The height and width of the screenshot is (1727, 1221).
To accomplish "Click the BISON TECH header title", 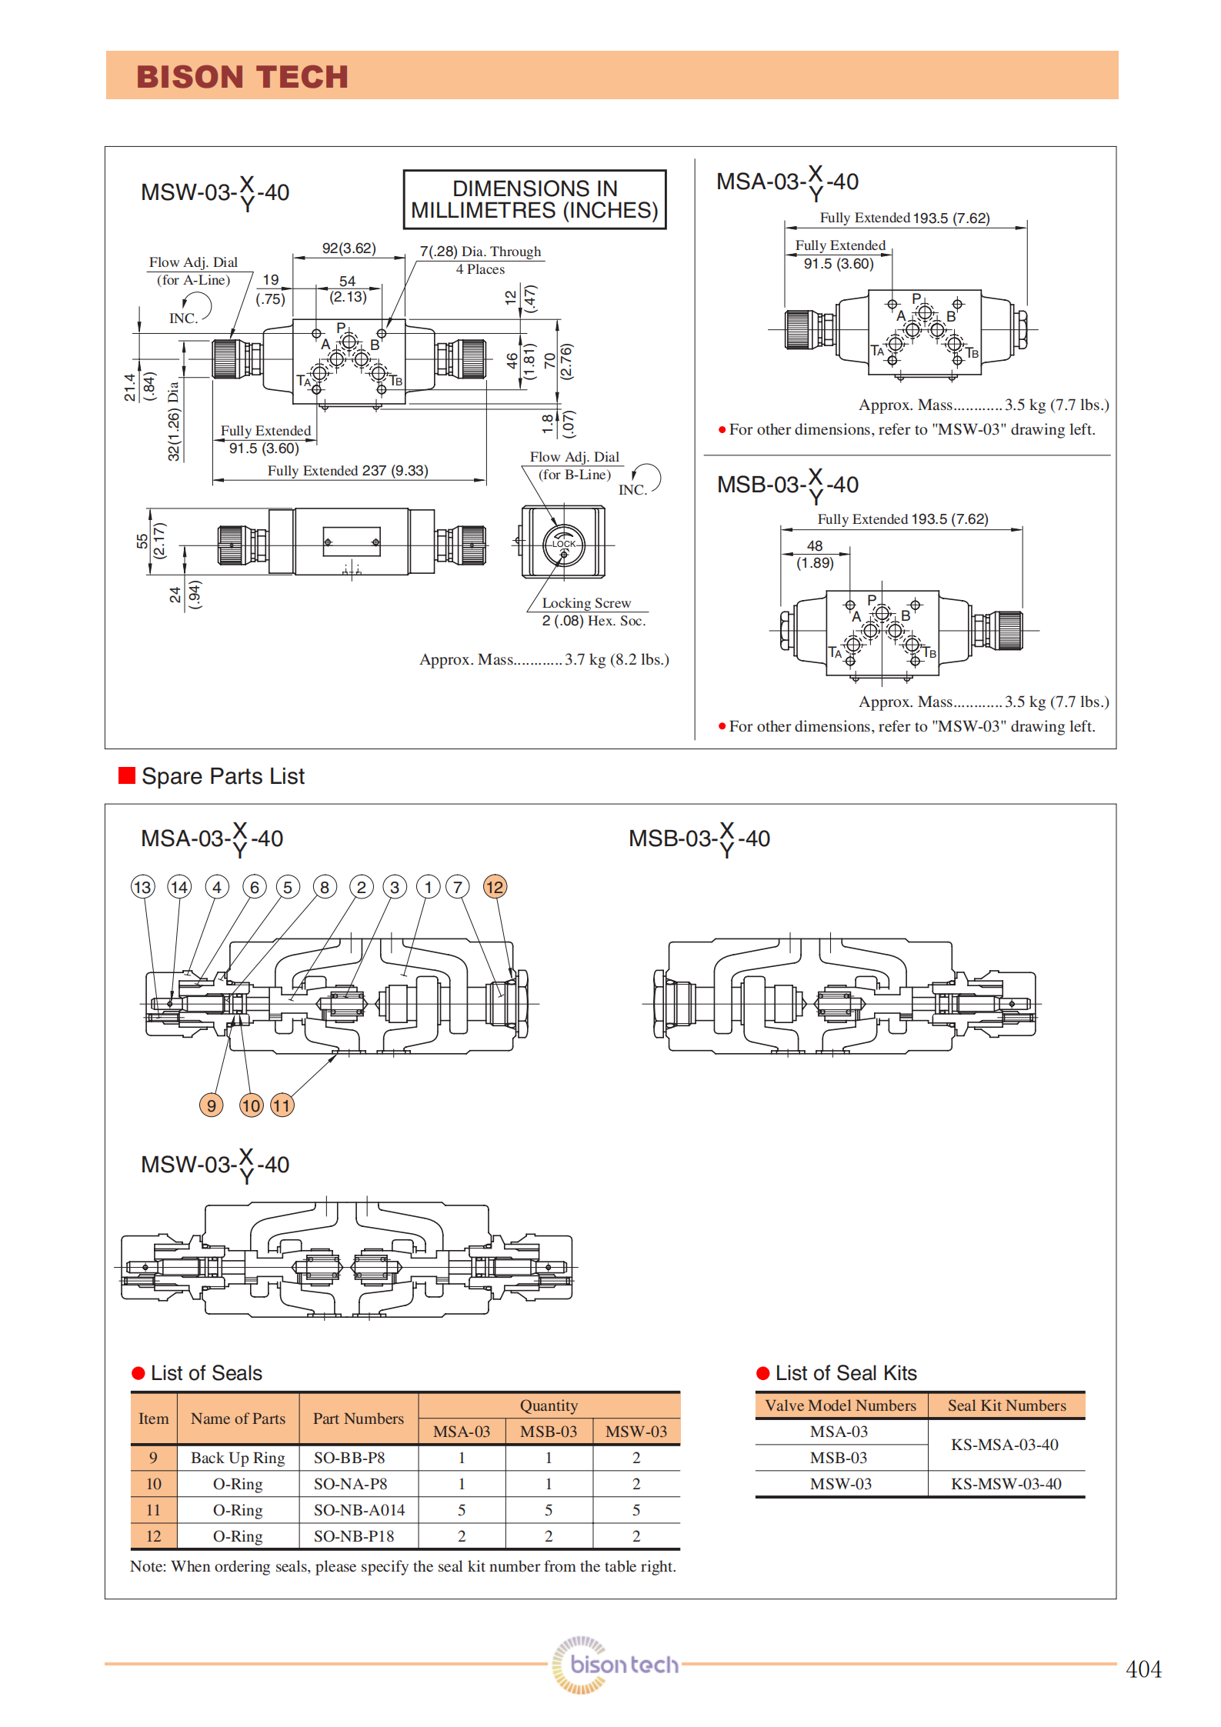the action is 242,77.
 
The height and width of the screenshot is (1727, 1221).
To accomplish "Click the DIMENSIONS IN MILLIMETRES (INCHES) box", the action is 535,199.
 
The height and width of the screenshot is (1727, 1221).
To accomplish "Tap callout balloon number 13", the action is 142,887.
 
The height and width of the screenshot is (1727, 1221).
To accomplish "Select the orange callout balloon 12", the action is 495,887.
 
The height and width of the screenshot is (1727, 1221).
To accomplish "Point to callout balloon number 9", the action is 211,1105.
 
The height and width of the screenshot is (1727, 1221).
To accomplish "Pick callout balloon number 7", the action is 458,887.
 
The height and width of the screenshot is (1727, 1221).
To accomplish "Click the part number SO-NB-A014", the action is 359,1510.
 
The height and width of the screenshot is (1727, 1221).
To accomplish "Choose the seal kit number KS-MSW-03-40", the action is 1006,1484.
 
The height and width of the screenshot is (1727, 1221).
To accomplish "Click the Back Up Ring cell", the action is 238,1458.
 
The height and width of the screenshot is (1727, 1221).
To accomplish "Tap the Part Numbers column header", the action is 359,1419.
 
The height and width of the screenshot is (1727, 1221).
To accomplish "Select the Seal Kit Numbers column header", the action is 1007,1405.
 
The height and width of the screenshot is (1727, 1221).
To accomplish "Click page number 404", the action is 1143,1669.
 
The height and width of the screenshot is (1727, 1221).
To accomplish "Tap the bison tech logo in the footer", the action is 616,1665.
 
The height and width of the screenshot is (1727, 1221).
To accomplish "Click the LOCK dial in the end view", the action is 564,544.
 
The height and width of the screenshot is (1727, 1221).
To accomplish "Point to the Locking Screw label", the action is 586,603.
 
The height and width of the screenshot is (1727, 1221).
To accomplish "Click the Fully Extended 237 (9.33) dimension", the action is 348,471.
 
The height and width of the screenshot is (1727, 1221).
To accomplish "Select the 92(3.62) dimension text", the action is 349,248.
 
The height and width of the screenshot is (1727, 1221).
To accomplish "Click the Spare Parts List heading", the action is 223,776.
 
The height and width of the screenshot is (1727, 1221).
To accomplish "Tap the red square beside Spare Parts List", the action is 127,775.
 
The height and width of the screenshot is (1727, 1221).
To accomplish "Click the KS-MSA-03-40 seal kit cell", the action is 1005,1445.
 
